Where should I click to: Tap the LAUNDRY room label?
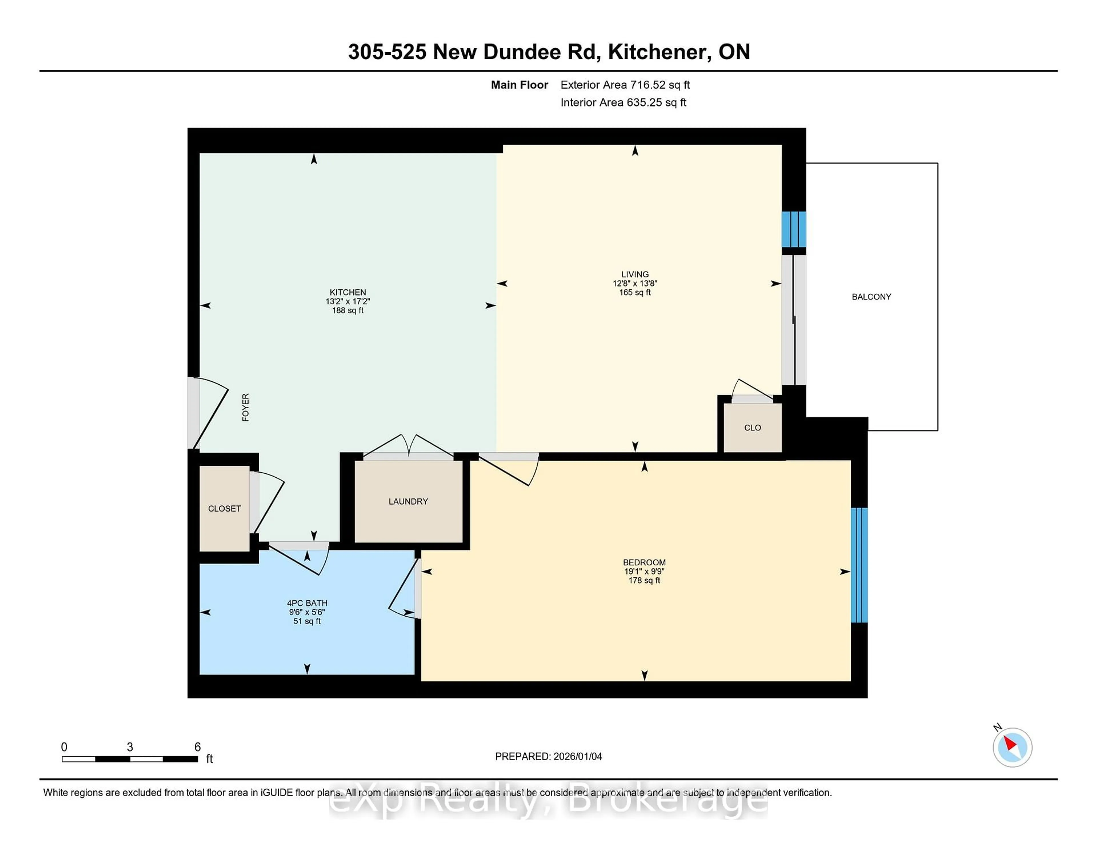[408, 501]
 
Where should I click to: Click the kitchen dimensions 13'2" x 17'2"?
[348, 301]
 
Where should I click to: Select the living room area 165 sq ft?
[635, 292]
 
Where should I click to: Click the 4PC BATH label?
[307, 603]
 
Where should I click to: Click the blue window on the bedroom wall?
[859, 565]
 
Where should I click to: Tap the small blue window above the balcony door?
[794, 229]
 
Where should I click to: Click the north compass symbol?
[1012, 747]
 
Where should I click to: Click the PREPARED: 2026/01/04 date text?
[548, 757]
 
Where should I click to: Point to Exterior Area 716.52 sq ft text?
[625, 85]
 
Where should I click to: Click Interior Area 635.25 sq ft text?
[623, 103]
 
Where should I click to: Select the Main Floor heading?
[519, 85]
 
